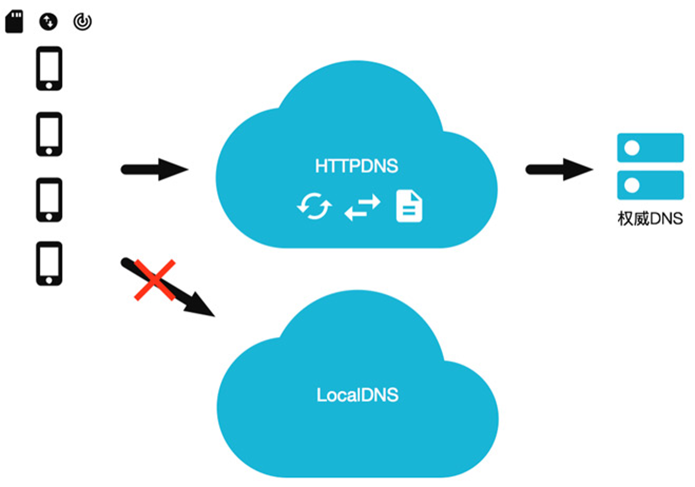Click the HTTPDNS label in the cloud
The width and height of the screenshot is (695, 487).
[x=357, y=166]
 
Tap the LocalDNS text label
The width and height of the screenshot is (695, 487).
[x=357, y=395]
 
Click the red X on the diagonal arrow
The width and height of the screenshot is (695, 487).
[x=155, y=280]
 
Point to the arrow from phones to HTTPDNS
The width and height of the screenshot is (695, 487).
[x=155, y=170]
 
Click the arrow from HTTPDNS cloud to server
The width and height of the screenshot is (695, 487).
[x=559, y=170]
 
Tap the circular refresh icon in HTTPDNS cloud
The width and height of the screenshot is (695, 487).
[x=314, y=206]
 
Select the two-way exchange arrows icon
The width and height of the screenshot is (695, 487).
[x=362, y=207]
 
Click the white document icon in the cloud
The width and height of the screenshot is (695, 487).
[x=409, y=206]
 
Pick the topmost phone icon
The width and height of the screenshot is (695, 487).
[x=49, y=68]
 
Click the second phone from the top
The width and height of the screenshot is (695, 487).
[x=49, y=134]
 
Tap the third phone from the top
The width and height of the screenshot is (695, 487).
[x=49, y=199]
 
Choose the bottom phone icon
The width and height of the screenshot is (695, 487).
[x=49, y=264]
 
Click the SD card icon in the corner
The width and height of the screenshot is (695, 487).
[x=15, y=22]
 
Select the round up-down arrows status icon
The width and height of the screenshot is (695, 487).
[x=48, y=22]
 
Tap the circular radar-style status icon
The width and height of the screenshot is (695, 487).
[x=82, y=22]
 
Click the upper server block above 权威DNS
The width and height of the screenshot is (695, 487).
[x=650, y=148]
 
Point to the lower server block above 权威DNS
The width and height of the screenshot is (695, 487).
[x=650, y=185]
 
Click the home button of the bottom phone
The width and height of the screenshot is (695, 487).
[x=49, y=280]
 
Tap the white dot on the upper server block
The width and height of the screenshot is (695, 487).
[x=632, y=148]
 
